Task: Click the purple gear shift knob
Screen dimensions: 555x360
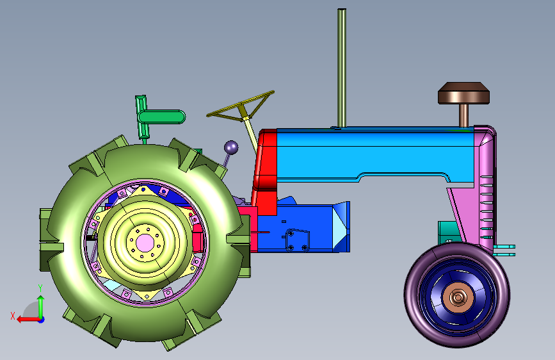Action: click(231, 147)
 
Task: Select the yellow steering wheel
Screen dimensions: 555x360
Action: click(241, 106)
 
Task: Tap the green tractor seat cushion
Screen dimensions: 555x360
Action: click(162, 117)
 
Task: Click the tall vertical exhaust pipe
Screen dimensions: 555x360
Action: click(342, 68)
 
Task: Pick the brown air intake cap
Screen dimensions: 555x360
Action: click(463, 93)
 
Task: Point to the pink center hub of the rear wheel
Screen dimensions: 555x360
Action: click(145, 243)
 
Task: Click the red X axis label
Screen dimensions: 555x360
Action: click(13, 316)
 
